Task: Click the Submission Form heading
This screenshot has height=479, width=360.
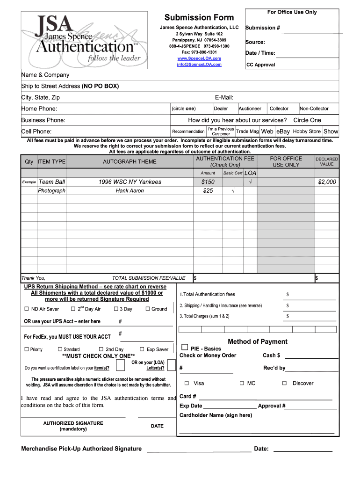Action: pos(199,18)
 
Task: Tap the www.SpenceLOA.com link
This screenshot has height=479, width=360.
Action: pos(199,58)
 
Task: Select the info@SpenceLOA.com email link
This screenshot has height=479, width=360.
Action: pos(199,65)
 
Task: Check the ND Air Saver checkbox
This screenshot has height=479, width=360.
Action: pos(27,309)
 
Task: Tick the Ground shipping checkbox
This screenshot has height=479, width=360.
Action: pos(148,309)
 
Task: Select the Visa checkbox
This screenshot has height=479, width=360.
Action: pos(187,383)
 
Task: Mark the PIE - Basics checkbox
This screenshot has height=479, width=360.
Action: pos(185,347)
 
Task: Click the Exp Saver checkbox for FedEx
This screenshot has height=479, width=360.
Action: pos(142,349)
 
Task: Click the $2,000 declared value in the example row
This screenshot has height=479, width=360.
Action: pos(327,182)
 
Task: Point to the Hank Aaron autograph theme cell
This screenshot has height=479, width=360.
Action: pos(130,191)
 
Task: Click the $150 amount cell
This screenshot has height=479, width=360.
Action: pos(208,182)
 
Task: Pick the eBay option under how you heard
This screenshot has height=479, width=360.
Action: pos(283,131)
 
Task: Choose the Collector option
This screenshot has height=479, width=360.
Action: pos(279,109)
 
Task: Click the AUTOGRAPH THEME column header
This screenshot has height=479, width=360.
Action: pos(130,162)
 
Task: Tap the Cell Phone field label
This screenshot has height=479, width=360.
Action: pos(36,131)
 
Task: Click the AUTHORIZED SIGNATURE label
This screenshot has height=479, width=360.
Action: pos(73,423)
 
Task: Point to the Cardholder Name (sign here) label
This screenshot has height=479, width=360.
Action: pos(216,415)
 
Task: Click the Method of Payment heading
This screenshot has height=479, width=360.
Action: pos(258,341)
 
